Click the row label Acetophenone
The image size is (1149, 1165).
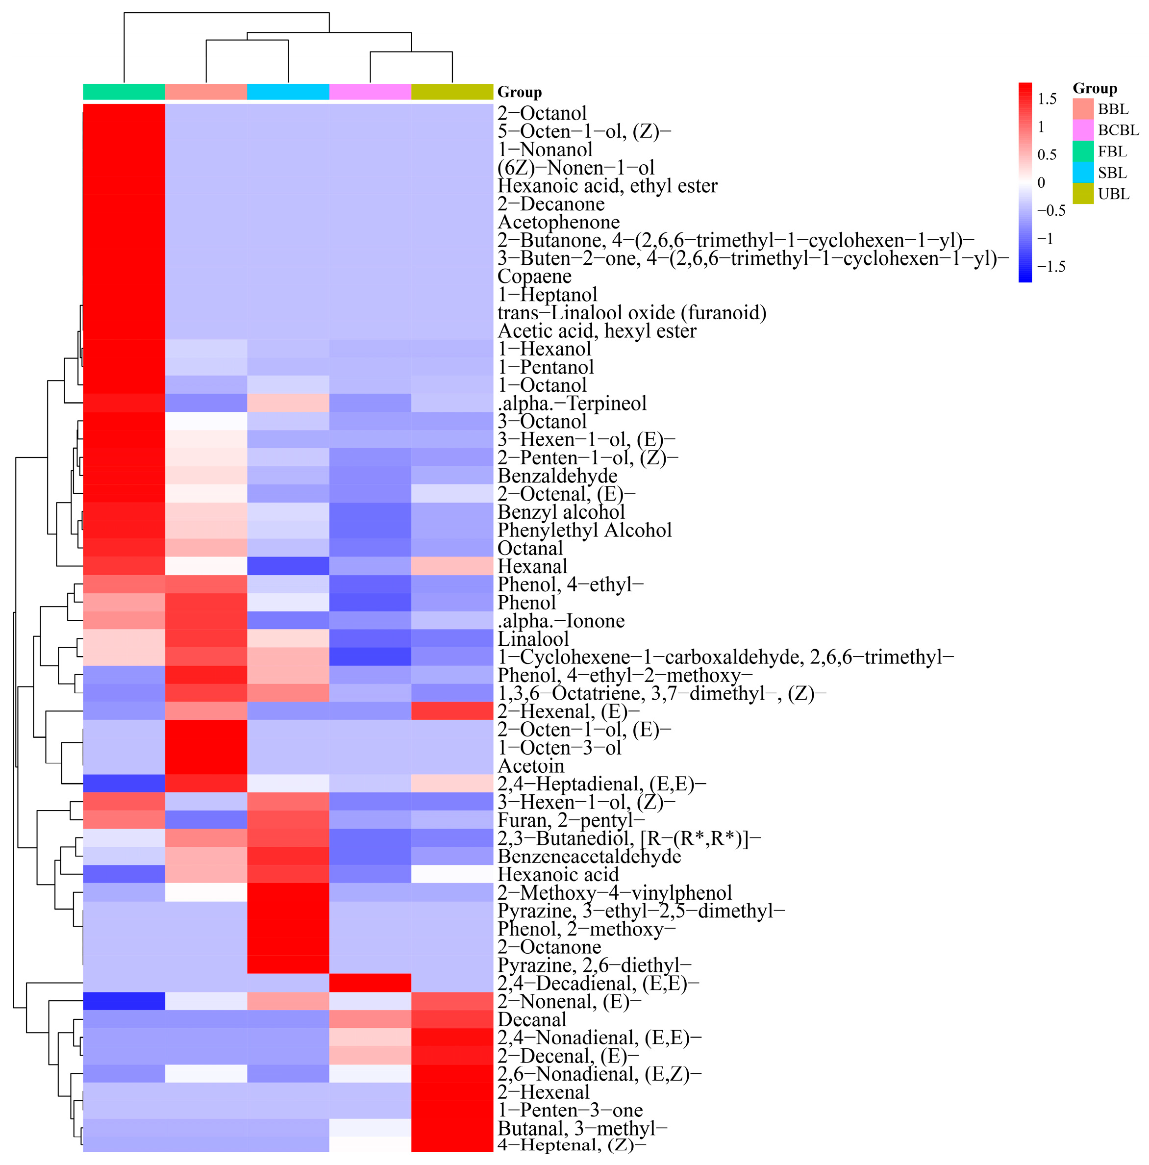558,222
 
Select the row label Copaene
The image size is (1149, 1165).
534,276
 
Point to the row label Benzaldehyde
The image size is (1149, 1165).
557,476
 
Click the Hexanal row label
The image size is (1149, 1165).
532,566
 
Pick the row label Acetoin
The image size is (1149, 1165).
530,766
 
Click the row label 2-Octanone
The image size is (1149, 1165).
549,947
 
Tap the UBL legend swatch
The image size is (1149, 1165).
1083,194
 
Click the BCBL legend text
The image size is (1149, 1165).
1118,130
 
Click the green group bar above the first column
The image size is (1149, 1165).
124,92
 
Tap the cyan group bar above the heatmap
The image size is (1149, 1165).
288,92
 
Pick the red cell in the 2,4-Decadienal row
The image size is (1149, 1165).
370,983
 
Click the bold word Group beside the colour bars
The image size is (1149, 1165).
519,92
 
